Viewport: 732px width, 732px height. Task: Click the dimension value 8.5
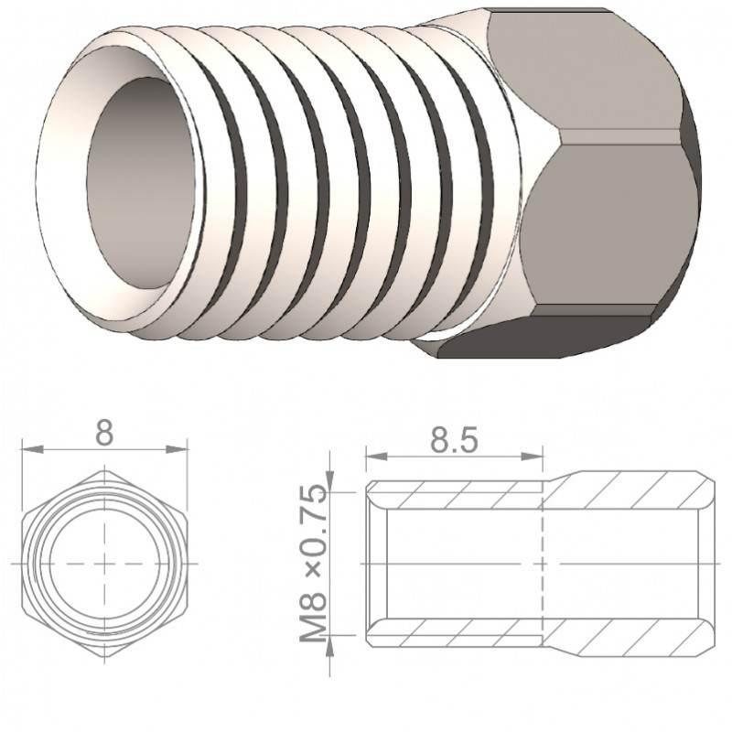pyautogui.click(x=454, y=442)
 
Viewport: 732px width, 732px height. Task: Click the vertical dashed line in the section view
pyautogui.click(x=545, y=563)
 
